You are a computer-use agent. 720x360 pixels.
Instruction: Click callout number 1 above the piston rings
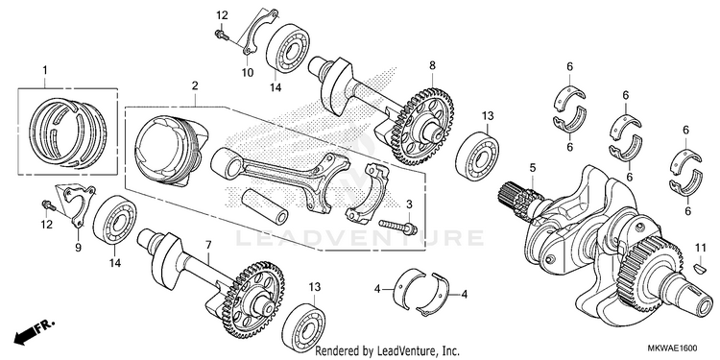click(x=45, y=70)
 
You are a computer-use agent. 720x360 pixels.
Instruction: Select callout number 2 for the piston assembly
click(x=195, y=85)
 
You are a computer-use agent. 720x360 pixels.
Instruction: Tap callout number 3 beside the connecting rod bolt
click(x=410, y=204)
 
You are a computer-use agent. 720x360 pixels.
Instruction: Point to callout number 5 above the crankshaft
click(x=533, y=168)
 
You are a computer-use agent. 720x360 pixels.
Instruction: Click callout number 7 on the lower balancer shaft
click(x=208, y=245)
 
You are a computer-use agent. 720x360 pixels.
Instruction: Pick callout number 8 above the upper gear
click(x=432, y=65)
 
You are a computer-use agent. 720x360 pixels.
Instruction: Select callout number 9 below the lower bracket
click(x=78, y=248)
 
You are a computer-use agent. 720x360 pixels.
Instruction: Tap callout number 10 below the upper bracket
click(x=248, y=73)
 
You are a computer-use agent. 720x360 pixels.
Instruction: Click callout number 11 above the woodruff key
click(x=699, y=248)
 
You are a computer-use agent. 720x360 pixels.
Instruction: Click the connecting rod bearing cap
click(x=367, y=193)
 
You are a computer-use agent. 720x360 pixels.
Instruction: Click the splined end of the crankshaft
click(x=517, y=198)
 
